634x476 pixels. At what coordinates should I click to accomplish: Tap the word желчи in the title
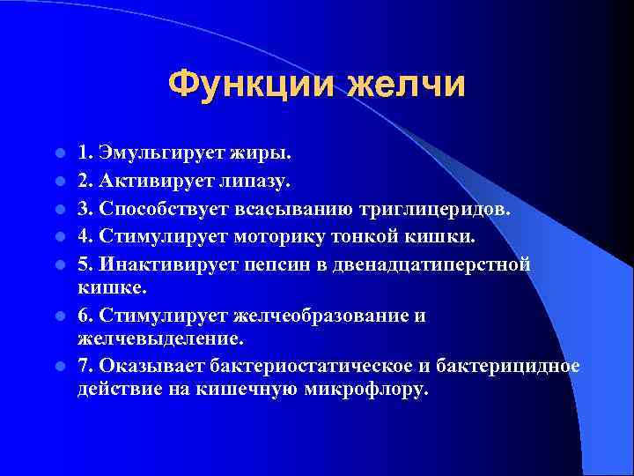point(406,86)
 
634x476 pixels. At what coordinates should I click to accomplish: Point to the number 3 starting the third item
point(83,209)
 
